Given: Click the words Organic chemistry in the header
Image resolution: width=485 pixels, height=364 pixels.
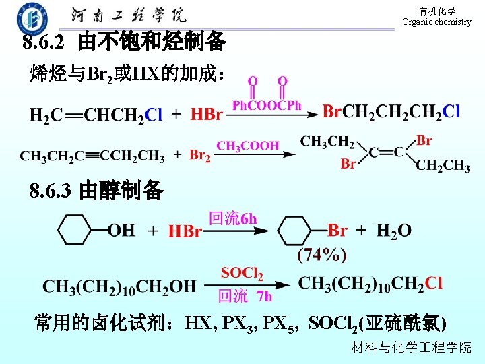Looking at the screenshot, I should click(x=437, y=22).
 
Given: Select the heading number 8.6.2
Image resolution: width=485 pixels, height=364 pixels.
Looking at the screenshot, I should click(x=44, y=43).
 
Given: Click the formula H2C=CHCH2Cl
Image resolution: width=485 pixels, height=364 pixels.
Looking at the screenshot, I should click(x=96, y=114).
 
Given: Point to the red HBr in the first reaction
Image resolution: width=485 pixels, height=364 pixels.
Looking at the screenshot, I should click(x=207, y=114).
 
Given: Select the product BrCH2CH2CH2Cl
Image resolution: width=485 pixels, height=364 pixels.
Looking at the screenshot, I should click(x=391, y=111).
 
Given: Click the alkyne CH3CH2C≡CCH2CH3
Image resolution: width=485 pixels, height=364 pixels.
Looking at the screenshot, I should click(x=92, y=156).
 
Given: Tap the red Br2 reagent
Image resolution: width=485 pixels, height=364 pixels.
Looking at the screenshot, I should click(x=200, y=156).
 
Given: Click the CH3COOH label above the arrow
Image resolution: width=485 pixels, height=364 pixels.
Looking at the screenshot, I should click(x=247, y=145).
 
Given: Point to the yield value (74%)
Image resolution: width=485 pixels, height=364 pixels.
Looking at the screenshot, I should click(x=322, y=255).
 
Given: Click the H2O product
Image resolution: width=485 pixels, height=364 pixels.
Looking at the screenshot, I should click(x=393, y=231).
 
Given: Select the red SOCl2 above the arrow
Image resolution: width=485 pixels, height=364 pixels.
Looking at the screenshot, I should click(x=242, y=273).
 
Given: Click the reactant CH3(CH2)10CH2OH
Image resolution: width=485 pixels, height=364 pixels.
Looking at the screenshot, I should click(x=119, y=286).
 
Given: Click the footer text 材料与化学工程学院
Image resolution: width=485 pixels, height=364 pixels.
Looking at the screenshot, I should click(x=412, y=348).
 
